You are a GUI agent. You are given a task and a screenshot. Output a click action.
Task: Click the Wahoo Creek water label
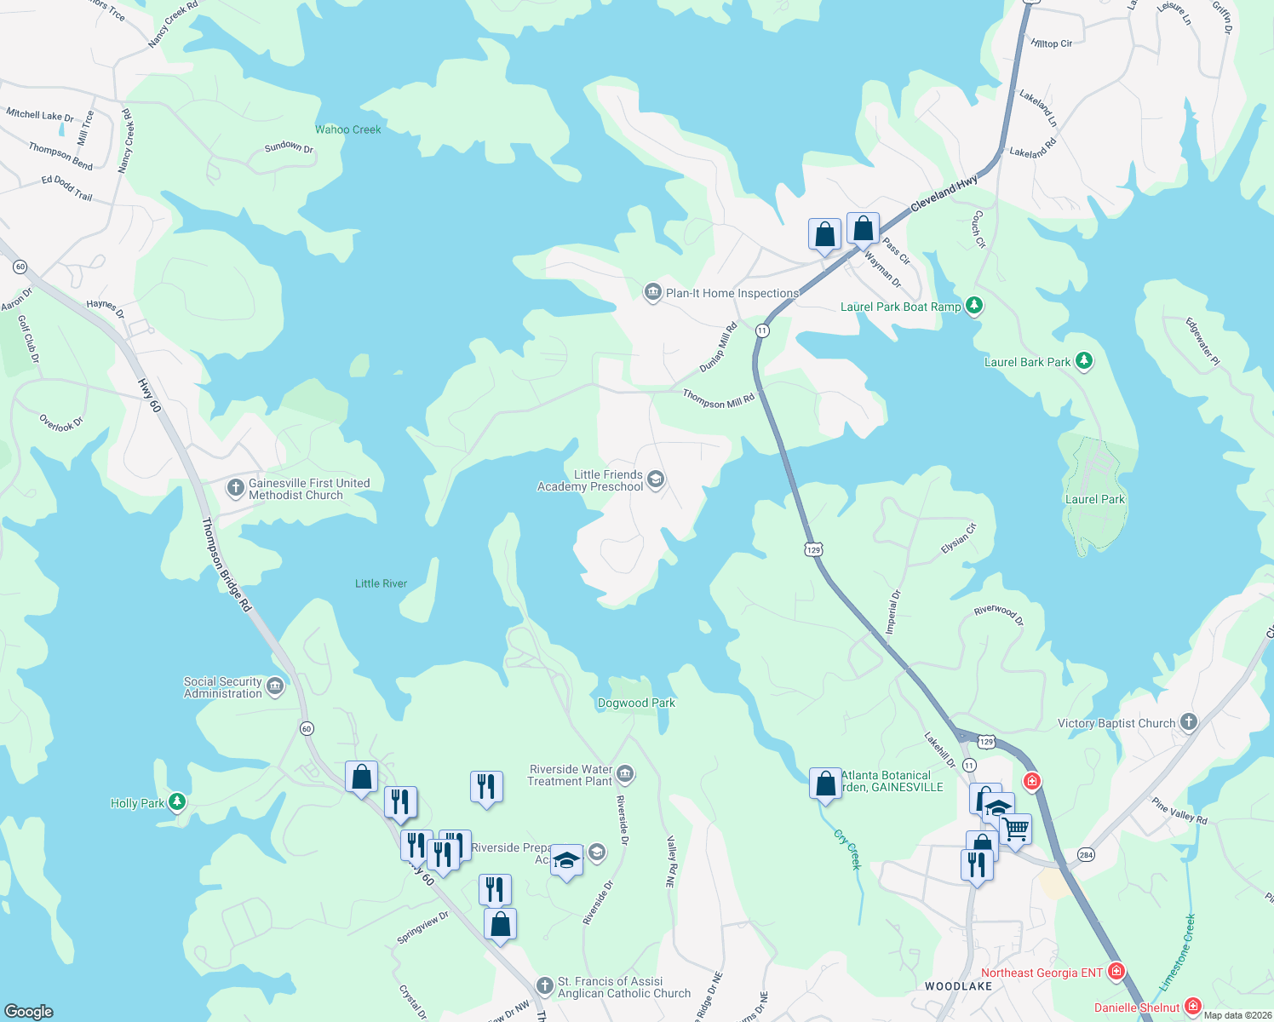click(x=347, y=129)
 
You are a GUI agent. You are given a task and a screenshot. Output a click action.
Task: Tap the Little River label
click(x=381, y=583)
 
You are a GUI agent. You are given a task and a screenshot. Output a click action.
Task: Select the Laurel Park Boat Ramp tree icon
click(x=974, y=306)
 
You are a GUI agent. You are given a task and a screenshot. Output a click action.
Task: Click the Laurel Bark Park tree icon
click(x=1083, y=361)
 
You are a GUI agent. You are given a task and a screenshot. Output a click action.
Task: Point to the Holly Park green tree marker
click(x=176, y=801)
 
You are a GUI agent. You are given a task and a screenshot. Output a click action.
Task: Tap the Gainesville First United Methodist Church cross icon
click(x=235, y=488)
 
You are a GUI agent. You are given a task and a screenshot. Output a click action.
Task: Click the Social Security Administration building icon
click(x=274, y=686)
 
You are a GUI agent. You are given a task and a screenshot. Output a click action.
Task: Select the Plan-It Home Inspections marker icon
click(x=652, y=293)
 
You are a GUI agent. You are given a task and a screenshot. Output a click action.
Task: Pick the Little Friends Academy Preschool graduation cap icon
click(x=655, y=479)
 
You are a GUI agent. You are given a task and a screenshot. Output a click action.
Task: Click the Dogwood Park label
click(x=636, y=703)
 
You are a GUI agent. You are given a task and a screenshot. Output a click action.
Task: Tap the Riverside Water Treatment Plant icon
click(x=625, y=774)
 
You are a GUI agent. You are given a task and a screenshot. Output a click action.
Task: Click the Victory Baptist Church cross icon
click(x=1188, y=723)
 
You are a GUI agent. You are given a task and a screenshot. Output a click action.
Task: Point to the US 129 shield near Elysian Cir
click(x=813, y=549)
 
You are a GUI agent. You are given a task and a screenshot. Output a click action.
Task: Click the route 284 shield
click(x=1086, y=854)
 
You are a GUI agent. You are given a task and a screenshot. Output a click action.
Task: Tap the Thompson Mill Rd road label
click(x=718, y=399)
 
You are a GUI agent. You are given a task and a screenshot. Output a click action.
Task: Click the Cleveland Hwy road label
click(x=944, y=194)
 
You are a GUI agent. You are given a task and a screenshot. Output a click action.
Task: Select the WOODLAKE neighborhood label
click(x=958, y=986)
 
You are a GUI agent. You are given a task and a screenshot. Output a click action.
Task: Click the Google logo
click(x=29, y=1011)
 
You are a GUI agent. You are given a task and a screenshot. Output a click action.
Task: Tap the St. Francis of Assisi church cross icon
click(x=544, y=986)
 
